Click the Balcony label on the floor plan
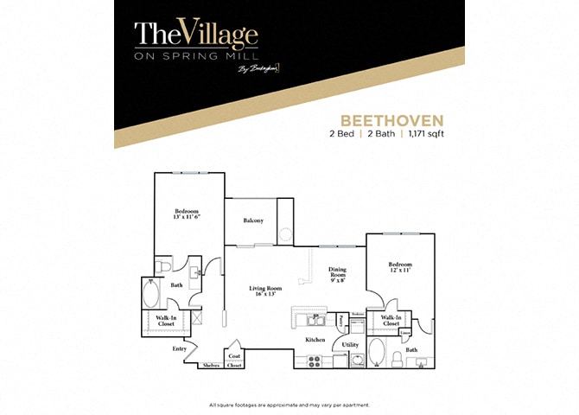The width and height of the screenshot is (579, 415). coord(253,220)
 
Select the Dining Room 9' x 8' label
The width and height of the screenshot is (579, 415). coord(337,274)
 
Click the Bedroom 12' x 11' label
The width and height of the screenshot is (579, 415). coord(399,267)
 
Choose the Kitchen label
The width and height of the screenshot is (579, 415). coord(315,340)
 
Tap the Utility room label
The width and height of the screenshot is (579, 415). coord(350,344)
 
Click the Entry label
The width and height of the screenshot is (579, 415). coord(180,348)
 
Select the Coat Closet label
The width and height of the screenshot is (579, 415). coord(234,361)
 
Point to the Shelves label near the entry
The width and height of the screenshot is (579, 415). coord(211,366)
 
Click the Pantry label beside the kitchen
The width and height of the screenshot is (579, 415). coord(341,321)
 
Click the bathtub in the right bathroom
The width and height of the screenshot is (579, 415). coord(378,354)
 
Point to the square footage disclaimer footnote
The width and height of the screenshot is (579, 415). coord(289,405)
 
